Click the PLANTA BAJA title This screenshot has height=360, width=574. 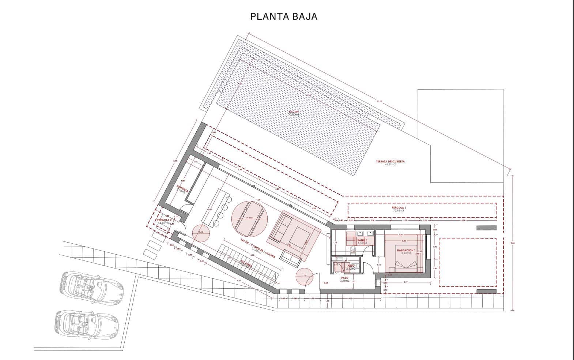tap(283, 16)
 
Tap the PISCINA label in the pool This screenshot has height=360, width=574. tap(294, 111)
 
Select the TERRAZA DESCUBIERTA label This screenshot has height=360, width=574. tap(390, 161)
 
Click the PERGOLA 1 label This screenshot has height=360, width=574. tap(399, 207)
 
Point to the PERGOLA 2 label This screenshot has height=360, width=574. tap(163, 220)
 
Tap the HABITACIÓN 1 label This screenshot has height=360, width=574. tap(406, 250)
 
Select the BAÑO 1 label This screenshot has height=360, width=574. tap(362, 240)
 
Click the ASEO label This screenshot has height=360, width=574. tap(351, 266)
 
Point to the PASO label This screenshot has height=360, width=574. tap(344, 278)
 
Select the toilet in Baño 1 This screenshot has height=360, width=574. tap(353, 250)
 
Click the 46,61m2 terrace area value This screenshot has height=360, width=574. tap(390, 165)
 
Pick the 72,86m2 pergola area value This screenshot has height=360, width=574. tap(399, 211)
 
